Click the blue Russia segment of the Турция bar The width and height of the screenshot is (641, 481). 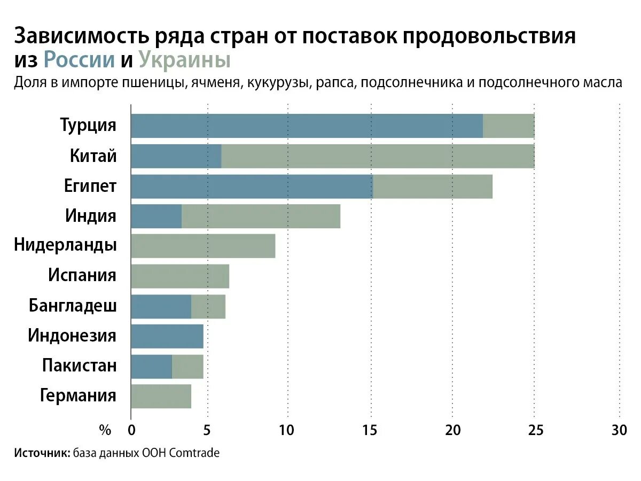coord(307,126)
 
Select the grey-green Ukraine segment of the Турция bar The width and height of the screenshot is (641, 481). coord(509,126)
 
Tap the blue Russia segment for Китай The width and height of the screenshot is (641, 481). coord(176,156)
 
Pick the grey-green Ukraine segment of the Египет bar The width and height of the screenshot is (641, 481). coord(433,187)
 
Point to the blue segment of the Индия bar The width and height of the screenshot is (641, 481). coord(156,216)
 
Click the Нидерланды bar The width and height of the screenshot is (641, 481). coord(203,246)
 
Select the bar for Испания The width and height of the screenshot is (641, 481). coord(180,276)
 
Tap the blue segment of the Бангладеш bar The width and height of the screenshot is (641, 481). coord(161,306)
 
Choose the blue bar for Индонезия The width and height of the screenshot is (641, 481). coord(167,336)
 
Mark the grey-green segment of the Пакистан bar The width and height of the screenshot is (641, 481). coord(187,366)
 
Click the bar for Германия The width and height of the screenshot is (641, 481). coord(161,396)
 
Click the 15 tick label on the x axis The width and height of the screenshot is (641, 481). coord(369,430)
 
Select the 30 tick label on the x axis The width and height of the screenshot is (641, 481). coord(619,430)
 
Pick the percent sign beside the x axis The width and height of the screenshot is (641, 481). coord(105,430)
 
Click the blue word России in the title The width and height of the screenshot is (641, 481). coord(79,60)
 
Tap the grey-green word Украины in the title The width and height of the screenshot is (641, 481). coord(185,60)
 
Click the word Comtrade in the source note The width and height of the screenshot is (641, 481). coord(197,453)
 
